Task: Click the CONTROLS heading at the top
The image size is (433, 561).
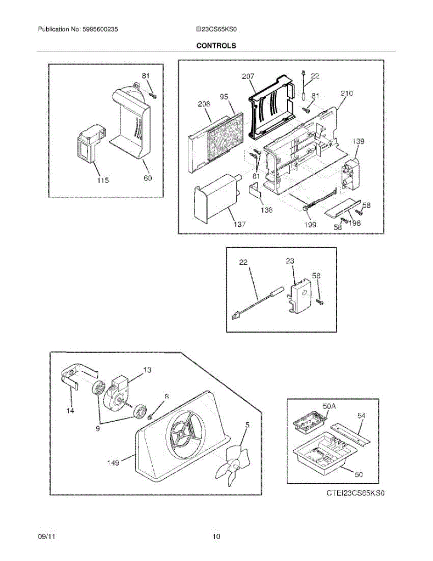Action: (x=216, y=46)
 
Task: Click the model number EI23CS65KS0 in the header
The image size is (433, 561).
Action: (x=217, y=29)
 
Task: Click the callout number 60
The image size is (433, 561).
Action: (x=147, y=178)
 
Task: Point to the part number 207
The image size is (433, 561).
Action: (x=248, y=76)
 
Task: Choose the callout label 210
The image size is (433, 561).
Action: (x=347, y=93)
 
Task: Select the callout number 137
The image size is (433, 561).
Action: (x=239, y=224)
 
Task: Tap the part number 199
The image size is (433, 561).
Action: (x=310, y=224)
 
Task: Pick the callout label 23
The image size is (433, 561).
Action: (x=291, y=263)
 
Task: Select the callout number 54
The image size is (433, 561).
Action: (x=361, y=415)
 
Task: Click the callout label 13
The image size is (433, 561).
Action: (x=147, y=370)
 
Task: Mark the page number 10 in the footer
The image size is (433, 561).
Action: (x=216, y=537)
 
